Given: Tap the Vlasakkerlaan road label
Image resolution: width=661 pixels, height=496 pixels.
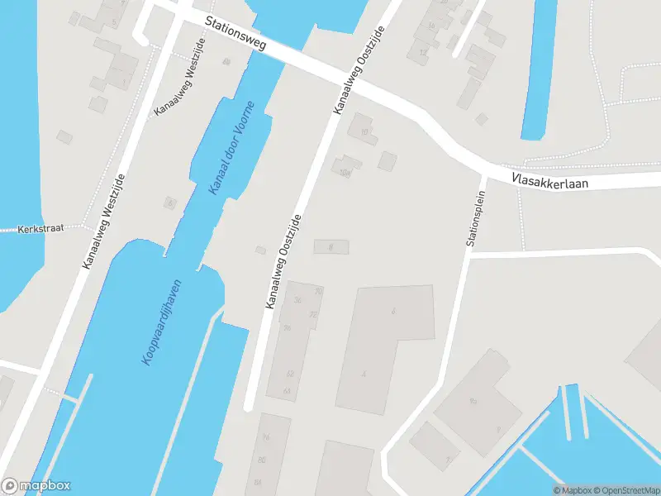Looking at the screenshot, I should [549, 179].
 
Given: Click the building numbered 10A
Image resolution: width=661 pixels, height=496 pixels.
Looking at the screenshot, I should [345, 172].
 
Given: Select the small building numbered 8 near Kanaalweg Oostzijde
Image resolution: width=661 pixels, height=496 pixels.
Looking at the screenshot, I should [330, 246].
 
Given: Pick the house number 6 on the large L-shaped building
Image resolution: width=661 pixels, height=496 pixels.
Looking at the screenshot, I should [393, 312].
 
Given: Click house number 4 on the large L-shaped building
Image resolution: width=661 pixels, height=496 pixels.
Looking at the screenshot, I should [364, 374].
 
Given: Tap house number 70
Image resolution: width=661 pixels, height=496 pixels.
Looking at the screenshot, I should [317, 292].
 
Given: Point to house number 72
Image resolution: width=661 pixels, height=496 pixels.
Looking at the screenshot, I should [312, 315].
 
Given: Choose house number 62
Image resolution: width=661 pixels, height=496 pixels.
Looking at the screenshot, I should [289, 374].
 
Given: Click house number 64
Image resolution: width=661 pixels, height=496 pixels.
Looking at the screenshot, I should [287, 391].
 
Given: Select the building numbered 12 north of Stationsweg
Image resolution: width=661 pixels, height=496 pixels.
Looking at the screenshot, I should [423, 52].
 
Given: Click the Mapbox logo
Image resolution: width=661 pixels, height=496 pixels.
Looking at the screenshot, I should [36, 486].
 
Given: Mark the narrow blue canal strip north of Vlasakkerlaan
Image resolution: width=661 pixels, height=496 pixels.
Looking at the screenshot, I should [538, 66].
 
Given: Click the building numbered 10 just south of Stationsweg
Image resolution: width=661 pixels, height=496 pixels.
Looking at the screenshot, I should [363, 130].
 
